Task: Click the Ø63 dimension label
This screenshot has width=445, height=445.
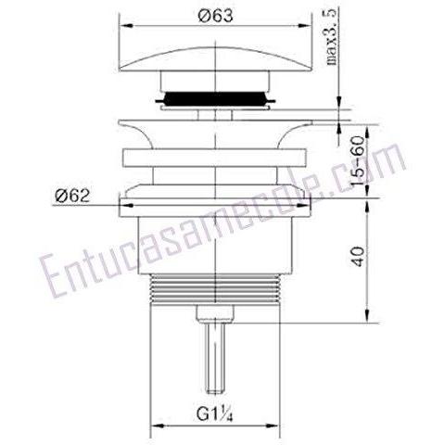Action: point(215,15)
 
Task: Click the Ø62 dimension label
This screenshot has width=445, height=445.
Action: point(72,196)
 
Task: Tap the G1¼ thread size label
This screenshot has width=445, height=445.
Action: point(214,413)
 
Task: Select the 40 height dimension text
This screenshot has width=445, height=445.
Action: point(359,257)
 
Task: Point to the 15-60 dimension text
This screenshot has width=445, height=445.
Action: point(359,160)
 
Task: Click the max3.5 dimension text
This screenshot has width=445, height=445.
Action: point(331,37)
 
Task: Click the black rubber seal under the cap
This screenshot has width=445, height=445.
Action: point(215,99)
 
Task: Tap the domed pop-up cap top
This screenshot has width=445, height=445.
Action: point(215,58)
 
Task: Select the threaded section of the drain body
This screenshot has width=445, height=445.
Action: point(215,288)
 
